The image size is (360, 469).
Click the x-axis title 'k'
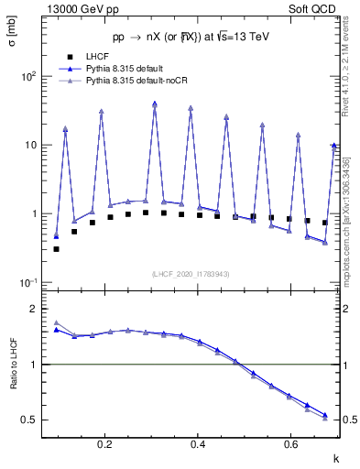[336, 455]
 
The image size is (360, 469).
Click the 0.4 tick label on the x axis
[198, 445]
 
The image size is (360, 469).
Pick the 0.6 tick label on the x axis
[290, 445]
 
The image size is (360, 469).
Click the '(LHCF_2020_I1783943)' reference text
[191, 274]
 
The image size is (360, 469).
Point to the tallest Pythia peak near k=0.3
[155, 104]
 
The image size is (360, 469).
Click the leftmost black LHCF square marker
[57, 248]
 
